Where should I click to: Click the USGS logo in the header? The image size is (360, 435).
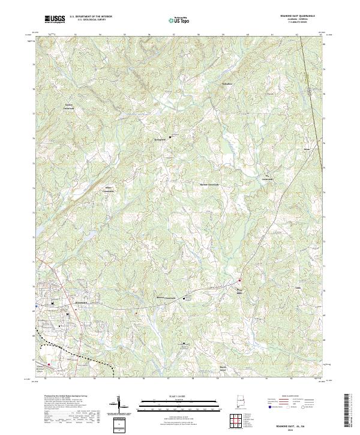(55, 19)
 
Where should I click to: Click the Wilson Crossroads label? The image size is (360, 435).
(110, 188)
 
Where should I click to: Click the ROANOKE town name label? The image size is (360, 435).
(81, 303)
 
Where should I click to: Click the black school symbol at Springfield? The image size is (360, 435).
(170, 137)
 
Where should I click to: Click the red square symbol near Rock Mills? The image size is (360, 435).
(240, 280)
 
